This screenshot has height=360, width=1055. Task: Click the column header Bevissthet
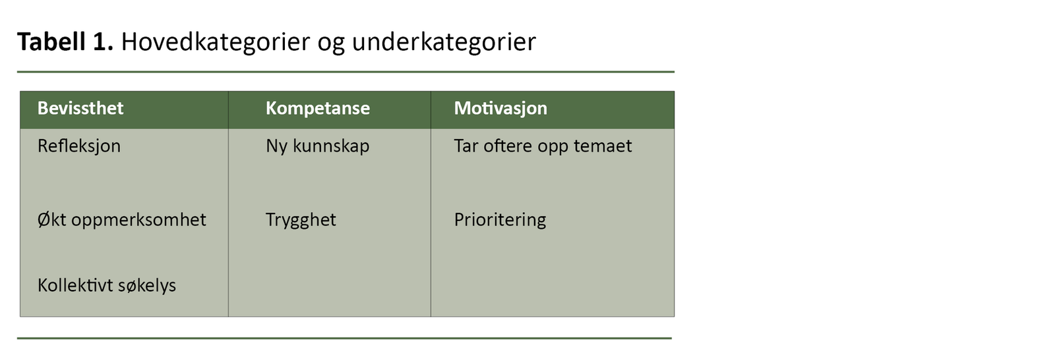pyautogui.click(x=80, y=108)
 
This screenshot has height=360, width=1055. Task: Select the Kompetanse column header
pyautogui.click(x=317, y=109)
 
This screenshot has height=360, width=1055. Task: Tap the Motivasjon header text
pyautogui.click(x=500, y=109)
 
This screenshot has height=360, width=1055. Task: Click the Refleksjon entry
pyautogui.click(x=78, y=146)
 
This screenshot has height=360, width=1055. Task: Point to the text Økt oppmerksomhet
pyautogui.click(x=121, y=220)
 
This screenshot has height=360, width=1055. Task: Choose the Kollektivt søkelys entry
pyautogui.click(x=106, y=285)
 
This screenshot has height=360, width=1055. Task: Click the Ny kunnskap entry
pyautogui.click(x=317, y=146)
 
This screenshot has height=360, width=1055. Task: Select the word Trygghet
pyautogui.click(x=301, y=220)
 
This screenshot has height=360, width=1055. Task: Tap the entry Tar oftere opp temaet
pyautogui.click(x=543, y=146)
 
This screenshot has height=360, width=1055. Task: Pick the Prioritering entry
pyautogui.click(x=500, y=220)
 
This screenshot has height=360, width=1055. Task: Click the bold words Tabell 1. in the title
pyautogui.click(x=65, y=42)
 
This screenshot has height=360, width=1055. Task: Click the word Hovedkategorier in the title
pyautogui.click(x=216, y=42)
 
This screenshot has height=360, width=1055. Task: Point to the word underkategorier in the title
pyautogui.click(x=444, y=42)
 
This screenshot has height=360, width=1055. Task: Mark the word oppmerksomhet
pyautogui.click(x=138, y=220)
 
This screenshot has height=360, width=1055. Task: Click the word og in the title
pyautogui.click(x=330, y=44)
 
